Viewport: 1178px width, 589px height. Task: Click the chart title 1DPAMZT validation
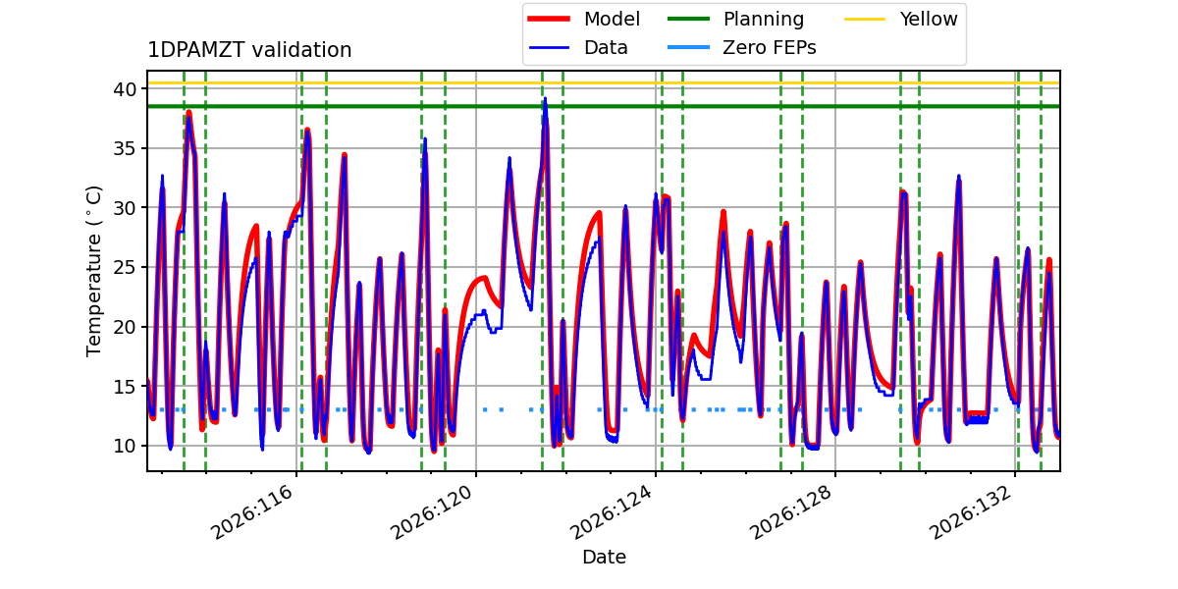pos(249,50)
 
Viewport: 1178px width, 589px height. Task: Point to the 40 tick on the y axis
pos(125,89)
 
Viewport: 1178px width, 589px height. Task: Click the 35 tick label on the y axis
pos(125,149)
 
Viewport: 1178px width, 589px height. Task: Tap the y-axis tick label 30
pos(125,208)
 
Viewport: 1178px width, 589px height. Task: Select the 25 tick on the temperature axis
pos(125,268)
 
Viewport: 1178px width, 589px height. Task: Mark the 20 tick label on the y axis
pos(125,327)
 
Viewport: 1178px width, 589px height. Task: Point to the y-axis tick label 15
pos(125,387)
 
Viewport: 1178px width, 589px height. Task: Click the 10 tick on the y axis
pos(125,446)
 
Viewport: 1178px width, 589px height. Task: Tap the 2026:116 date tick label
pos(252,511)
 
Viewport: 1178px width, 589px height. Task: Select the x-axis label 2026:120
pos(432,511)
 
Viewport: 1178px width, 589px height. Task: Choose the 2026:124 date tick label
pos(612,511)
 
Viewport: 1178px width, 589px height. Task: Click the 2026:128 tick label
pos(791,511)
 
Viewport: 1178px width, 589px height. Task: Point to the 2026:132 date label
pos(971,511)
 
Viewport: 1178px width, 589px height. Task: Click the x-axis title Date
pos(605,557)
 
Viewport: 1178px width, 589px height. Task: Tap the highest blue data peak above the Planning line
pos(545,98)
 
